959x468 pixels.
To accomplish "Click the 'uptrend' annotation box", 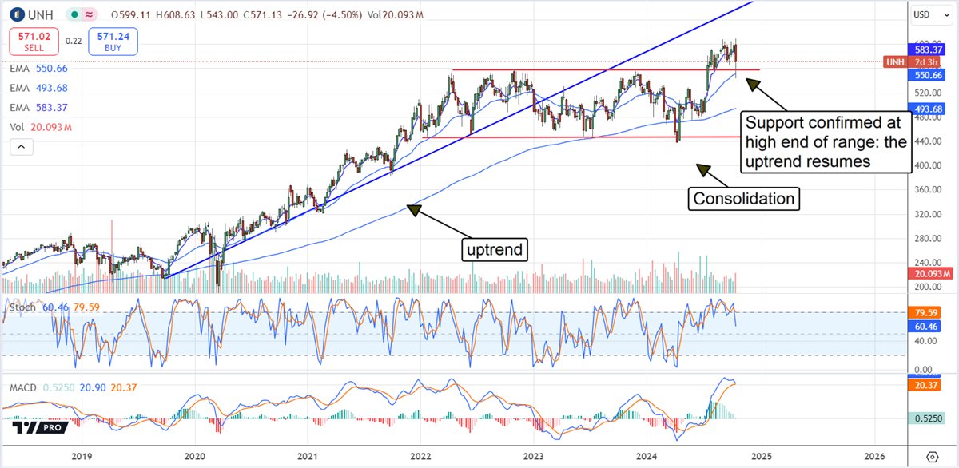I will coord(495,249).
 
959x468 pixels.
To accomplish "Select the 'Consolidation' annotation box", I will coord(743,197).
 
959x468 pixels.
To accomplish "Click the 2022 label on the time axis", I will coord(420,456).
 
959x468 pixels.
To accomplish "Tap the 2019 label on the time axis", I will coord(81,456).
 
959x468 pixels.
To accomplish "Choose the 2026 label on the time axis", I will coord(873,456).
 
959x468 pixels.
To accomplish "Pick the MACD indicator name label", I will coord(22,387).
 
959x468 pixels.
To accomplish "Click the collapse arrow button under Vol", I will coord(22,146).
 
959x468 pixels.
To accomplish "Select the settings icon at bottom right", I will coord(932,456).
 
